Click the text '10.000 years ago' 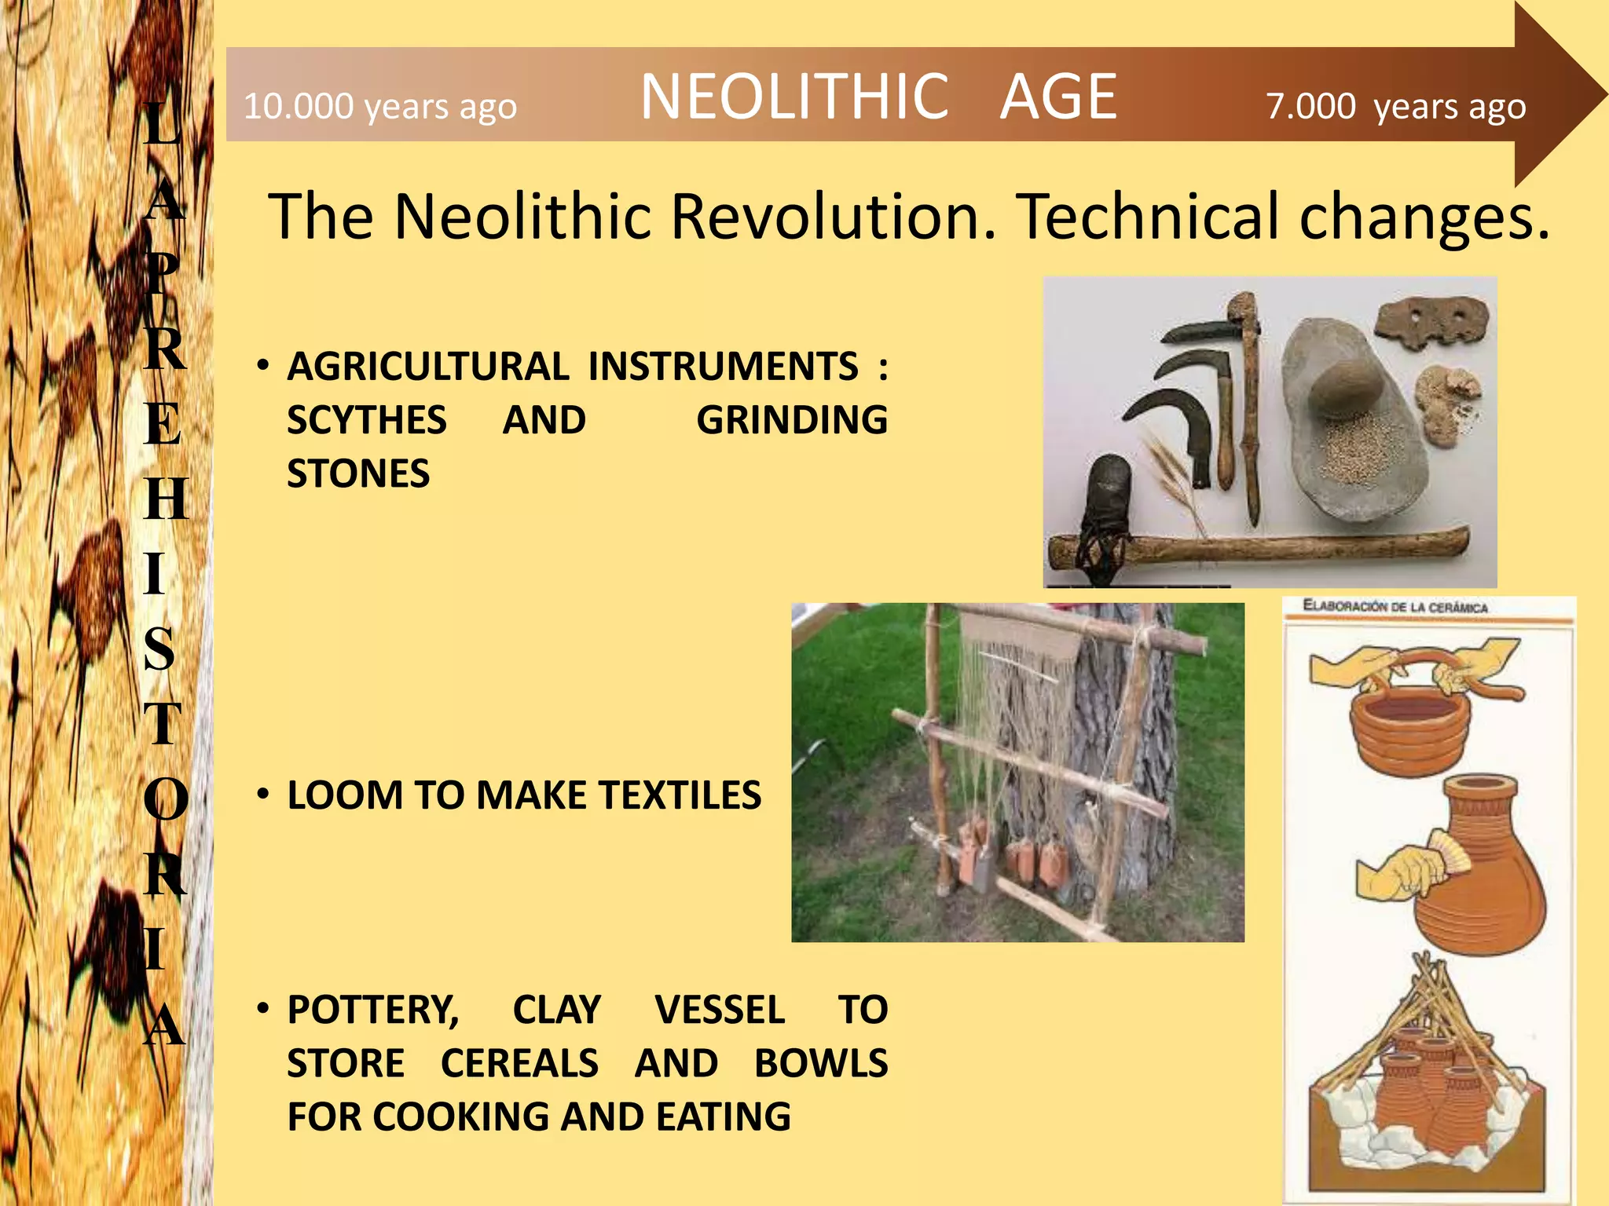coord(380,106)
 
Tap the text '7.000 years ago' coord(1395,106)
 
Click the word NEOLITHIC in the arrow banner coord(794,97)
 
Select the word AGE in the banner coord(1057,97)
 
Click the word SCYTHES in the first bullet coord(366,420)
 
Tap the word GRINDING coord(791,420)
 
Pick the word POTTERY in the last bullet coord(372,1010)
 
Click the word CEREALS coord(519,1063)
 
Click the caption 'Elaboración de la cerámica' coord(1395,607)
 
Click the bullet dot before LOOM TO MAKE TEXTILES coord(264,795)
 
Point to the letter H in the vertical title coord(166,499)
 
